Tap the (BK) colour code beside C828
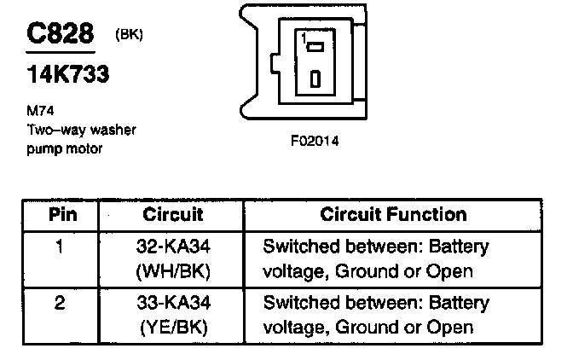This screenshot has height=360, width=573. coord(127,35)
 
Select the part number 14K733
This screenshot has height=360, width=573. coord(63,74)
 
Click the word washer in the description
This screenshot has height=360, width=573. coord(114,129)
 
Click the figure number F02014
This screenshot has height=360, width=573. coord(315,141)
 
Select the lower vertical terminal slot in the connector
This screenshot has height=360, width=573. coord(315,78)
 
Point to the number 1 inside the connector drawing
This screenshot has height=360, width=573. coord(303,37)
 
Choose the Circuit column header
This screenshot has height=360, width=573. coord(172,213)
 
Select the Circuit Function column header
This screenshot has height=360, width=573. coord(393,213)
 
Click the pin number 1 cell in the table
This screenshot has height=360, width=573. coord(60,248)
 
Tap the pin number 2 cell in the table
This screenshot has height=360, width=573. coord(60,303)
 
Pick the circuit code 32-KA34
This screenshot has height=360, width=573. coord(173,248)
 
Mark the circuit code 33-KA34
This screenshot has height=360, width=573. coord(173,303)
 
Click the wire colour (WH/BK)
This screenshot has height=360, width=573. coord(173,271)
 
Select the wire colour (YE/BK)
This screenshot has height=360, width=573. coord(173,326)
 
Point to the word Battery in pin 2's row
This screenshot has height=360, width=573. coord(459,303)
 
